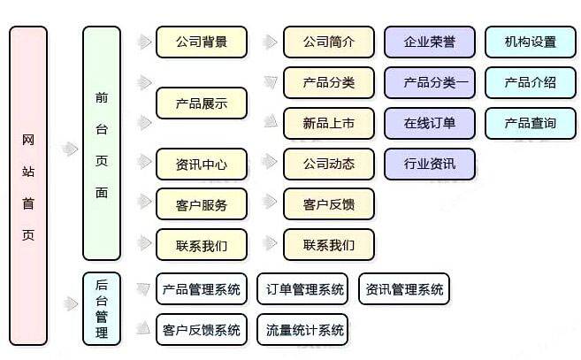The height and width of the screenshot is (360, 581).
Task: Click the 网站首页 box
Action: coord(28,185)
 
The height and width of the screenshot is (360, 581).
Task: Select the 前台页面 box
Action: coord(102,142)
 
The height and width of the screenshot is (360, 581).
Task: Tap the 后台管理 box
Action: coord(102,309)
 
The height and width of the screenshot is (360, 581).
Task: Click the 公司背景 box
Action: coord(201,42)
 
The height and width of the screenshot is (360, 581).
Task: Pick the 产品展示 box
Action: coord(201,103)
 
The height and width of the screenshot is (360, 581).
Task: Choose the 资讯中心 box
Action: coord(201,164)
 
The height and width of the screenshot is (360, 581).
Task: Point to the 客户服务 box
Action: coord(201,204)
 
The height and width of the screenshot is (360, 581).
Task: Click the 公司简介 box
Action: coord(328,42)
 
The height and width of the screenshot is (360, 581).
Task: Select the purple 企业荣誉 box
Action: coord(430,42)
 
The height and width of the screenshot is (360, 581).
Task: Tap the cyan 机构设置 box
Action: coord(531,42)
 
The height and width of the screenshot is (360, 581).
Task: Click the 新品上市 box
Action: coord(328,123)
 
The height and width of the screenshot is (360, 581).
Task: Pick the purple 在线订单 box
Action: coord(430,123)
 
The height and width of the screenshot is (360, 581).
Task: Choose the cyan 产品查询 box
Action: coord(531,123)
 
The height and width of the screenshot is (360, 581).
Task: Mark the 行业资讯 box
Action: coord(430,164)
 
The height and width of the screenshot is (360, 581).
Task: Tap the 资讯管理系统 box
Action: coord(404,289)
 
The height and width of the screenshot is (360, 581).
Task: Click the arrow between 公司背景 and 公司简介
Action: coord(265,42)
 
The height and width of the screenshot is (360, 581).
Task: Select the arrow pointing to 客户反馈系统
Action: coord(141,330)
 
